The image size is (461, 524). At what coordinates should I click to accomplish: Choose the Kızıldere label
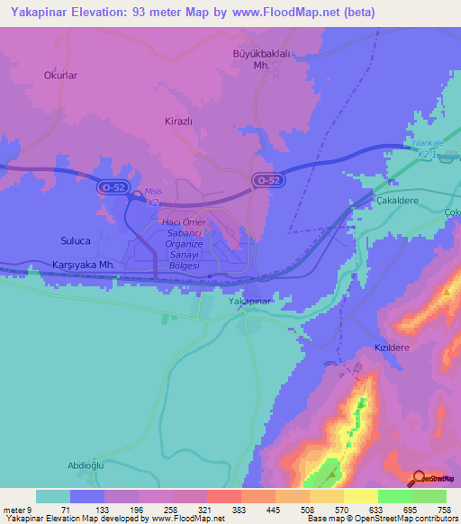pos(392,346)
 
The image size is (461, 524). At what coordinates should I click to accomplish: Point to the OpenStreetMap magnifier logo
pos(418,478)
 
